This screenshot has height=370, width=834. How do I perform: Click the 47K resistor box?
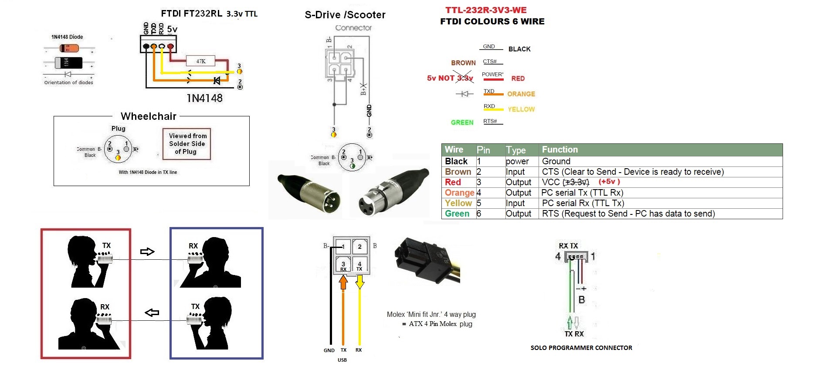[x=200, y=61]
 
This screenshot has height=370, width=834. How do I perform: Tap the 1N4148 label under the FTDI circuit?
[x=204, y=98]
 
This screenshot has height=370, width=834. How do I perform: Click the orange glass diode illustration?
[x=69, y=48]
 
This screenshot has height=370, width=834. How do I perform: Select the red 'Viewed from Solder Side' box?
[x=187, y=144]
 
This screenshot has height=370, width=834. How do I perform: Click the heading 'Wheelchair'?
[x=149, y=116]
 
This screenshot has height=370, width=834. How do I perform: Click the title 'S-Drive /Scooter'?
[x=345, y=15]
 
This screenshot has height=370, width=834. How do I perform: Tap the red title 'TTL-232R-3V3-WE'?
[x=486, y=10]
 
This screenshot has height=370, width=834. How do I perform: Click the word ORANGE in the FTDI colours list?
[x=521, y=94]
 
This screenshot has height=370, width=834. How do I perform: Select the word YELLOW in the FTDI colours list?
[x=521, y=109]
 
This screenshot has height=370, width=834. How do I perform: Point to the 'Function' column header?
[x=560, y=149]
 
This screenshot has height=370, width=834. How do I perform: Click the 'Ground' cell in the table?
[x=556, y=161]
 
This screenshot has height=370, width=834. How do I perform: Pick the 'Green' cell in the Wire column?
[x=457, y=214]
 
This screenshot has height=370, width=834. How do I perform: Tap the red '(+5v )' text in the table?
[x=609, y=182]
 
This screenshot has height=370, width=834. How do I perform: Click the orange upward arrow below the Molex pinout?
[x=343, y=282]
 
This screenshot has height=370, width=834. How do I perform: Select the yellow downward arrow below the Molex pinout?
[x=359, y=282]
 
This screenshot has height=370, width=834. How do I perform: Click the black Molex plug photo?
[x=425, y=259]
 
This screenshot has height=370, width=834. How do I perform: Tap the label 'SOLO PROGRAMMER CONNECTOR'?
[x=581, y=348]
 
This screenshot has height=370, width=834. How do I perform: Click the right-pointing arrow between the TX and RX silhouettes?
[x=147, y=252]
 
